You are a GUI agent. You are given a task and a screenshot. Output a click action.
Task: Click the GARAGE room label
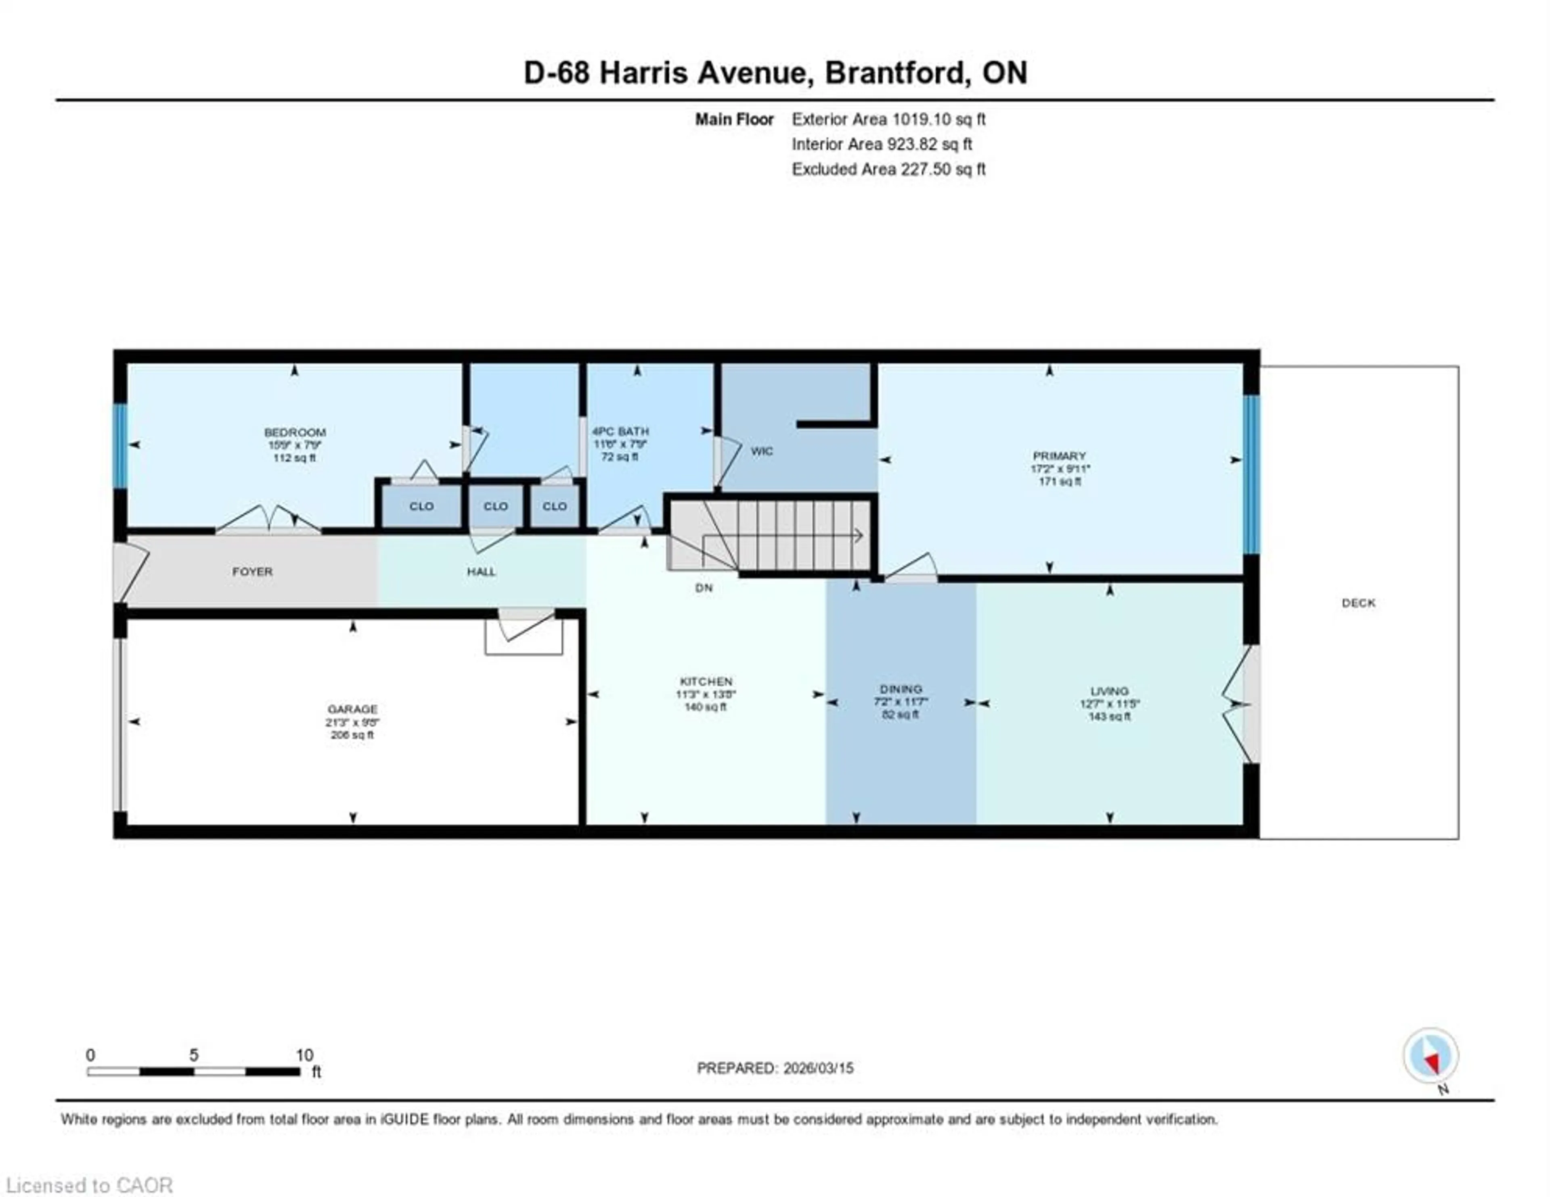[352, 709]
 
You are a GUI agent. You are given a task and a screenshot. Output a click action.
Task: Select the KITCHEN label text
[706, 681]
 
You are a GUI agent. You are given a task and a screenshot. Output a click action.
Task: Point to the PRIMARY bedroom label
[1059, 455]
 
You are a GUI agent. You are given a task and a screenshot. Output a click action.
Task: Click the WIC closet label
[762, 451]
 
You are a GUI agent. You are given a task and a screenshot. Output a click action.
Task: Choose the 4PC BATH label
[620, 431]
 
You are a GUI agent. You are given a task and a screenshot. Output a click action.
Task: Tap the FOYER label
[252, 571]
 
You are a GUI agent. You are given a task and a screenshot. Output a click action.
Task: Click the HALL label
[481, 571]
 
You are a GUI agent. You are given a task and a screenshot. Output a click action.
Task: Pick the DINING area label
[901, 689]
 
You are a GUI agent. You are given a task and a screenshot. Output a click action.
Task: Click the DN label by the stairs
[703, 587]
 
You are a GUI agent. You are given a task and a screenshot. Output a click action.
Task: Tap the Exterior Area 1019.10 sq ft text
[888, 119]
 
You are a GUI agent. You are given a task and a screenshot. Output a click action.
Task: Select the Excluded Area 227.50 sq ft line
[888, 169]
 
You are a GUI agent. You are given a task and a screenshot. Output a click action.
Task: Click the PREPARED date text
[775, 1068]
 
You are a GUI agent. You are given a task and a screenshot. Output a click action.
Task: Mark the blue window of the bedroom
[121, 445]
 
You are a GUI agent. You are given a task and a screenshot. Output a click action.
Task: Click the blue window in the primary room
[1251, 474]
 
